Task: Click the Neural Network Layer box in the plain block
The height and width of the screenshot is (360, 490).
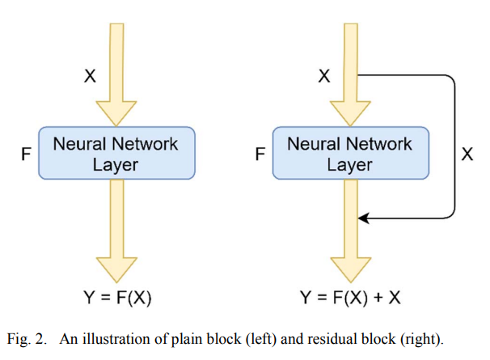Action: [116, 153]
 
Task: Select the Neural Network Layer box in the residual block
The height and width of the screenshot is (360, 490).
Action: [349, 153]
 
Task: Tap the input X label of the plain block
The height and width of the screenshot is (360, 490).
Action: [90, 76]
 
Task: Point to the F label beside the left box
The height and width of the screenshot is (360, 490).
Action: [26, 153]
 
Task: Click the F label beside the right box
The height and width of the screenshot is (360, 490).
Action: [260, 153]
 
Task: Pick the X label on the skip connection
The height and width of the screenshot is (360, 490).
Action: [467, 154]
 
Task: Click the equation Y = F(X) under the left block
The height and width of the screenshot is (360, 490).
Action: [117, 297]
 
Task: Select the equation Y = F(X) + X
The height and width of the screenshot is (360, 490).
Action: [351, 297]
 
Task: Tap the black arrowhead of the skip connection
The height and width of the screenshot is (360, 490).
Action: [363, 218]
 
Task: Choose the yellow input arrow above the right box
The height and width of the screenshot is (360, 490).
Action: [349, 73]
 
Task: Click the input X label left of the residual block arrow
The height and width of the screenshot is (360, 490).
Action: [324, 76]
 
